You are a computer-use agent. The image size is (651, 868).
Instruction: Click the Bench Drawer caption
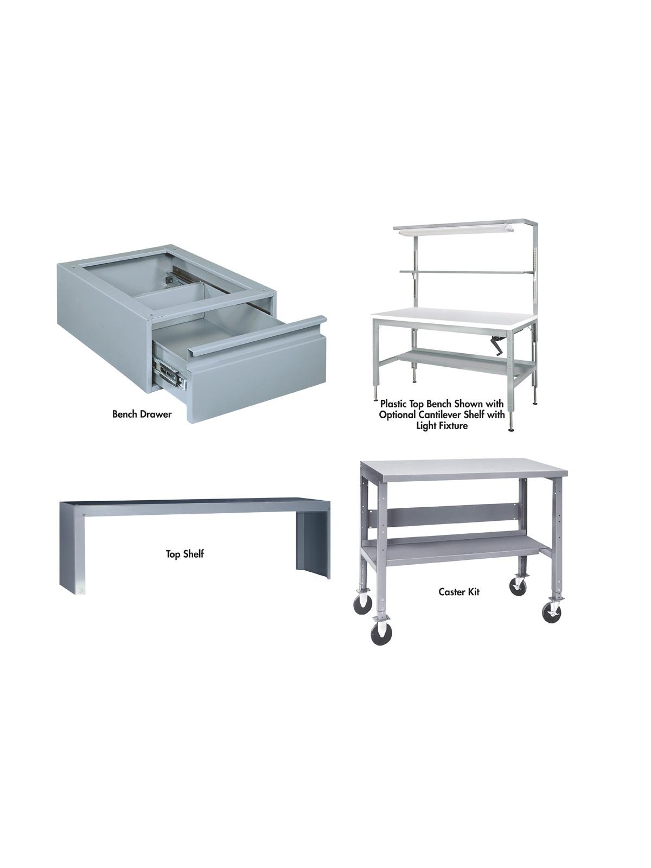[142, 414]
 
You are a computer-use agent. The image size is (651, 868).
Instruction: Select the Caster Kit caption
[459, 592]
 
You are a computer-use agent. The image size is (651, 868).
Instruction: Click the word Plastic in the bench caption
[394, 404]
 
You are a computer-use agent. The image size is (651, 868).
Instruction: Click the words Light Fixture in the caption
[442, 426]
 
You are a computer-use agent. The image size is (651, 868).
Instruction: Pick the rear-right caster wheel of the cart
[518, 588]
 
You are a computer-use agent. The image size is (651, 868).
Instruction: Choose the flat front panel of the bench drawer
[255, 380]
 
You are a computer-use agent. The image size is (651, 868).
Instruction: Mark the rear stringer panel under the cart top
[445, 516]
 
